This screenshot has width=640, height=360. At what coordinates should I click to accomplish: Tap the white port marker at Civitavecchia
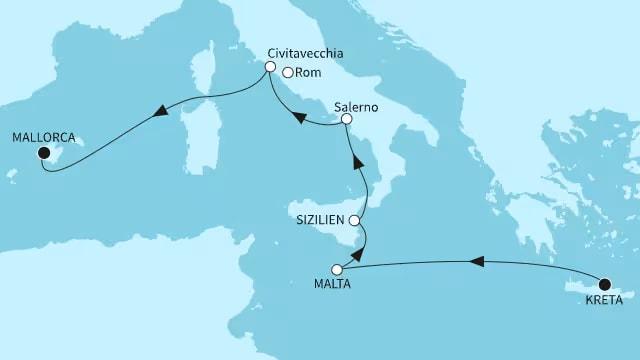pos(269,67)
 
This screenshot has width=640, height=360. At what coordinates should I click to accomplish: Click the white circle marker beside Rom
pos(288,72)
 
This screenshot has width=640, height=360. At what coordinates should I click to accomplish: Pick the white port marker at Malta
pos(337,270)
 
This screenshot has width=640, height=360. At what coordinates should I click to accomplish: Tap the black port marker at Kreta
pos(604,283)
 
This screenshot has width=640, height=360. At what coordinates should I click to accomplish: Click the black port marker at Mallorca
pos(43,153)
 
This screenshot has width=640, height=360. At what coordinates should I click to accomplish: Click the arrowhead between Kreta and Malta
pos(477,262)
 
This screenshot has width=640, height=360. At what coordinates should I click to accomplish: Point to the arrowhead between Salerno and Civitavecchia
pos(298,118)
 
